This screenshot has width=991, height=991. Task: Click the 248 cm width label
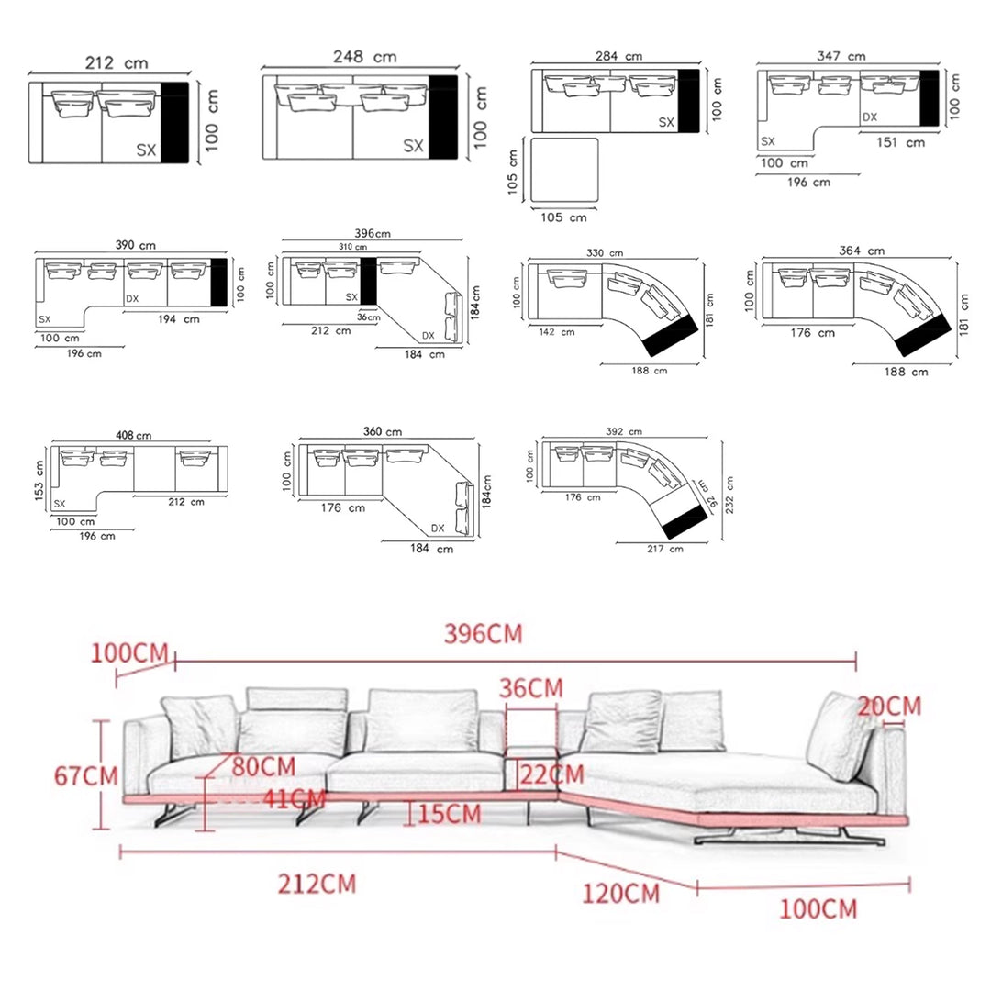(364, 57)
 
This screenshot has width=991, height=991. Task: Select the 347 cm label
(841, 57)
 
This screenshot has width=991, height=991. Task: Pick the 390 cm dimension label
(135, 246)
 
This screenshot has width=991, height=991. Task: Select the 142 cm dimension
(556, 332)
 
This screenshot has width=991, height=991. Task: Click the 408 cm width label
(133, 435)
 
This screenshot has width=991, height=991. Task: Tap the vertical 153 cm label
(39, 477)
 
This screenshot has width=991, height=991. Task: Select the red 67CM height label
(85, 775)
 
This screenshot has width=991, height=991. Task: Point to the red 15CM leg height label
(450, 813)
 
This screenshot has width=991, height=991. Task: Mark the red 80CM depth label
(263, 766)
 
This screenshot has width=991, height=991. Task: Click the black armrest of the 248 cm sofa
(443, 117)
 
